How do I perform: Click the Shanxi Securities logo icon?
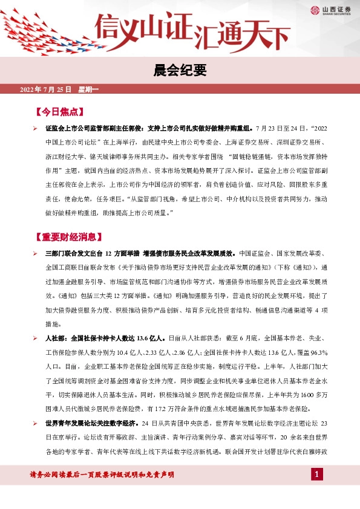[315, 10]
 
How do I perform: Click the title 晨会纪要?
[180, 71]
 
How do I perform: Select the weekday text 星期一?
[88, 90]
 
